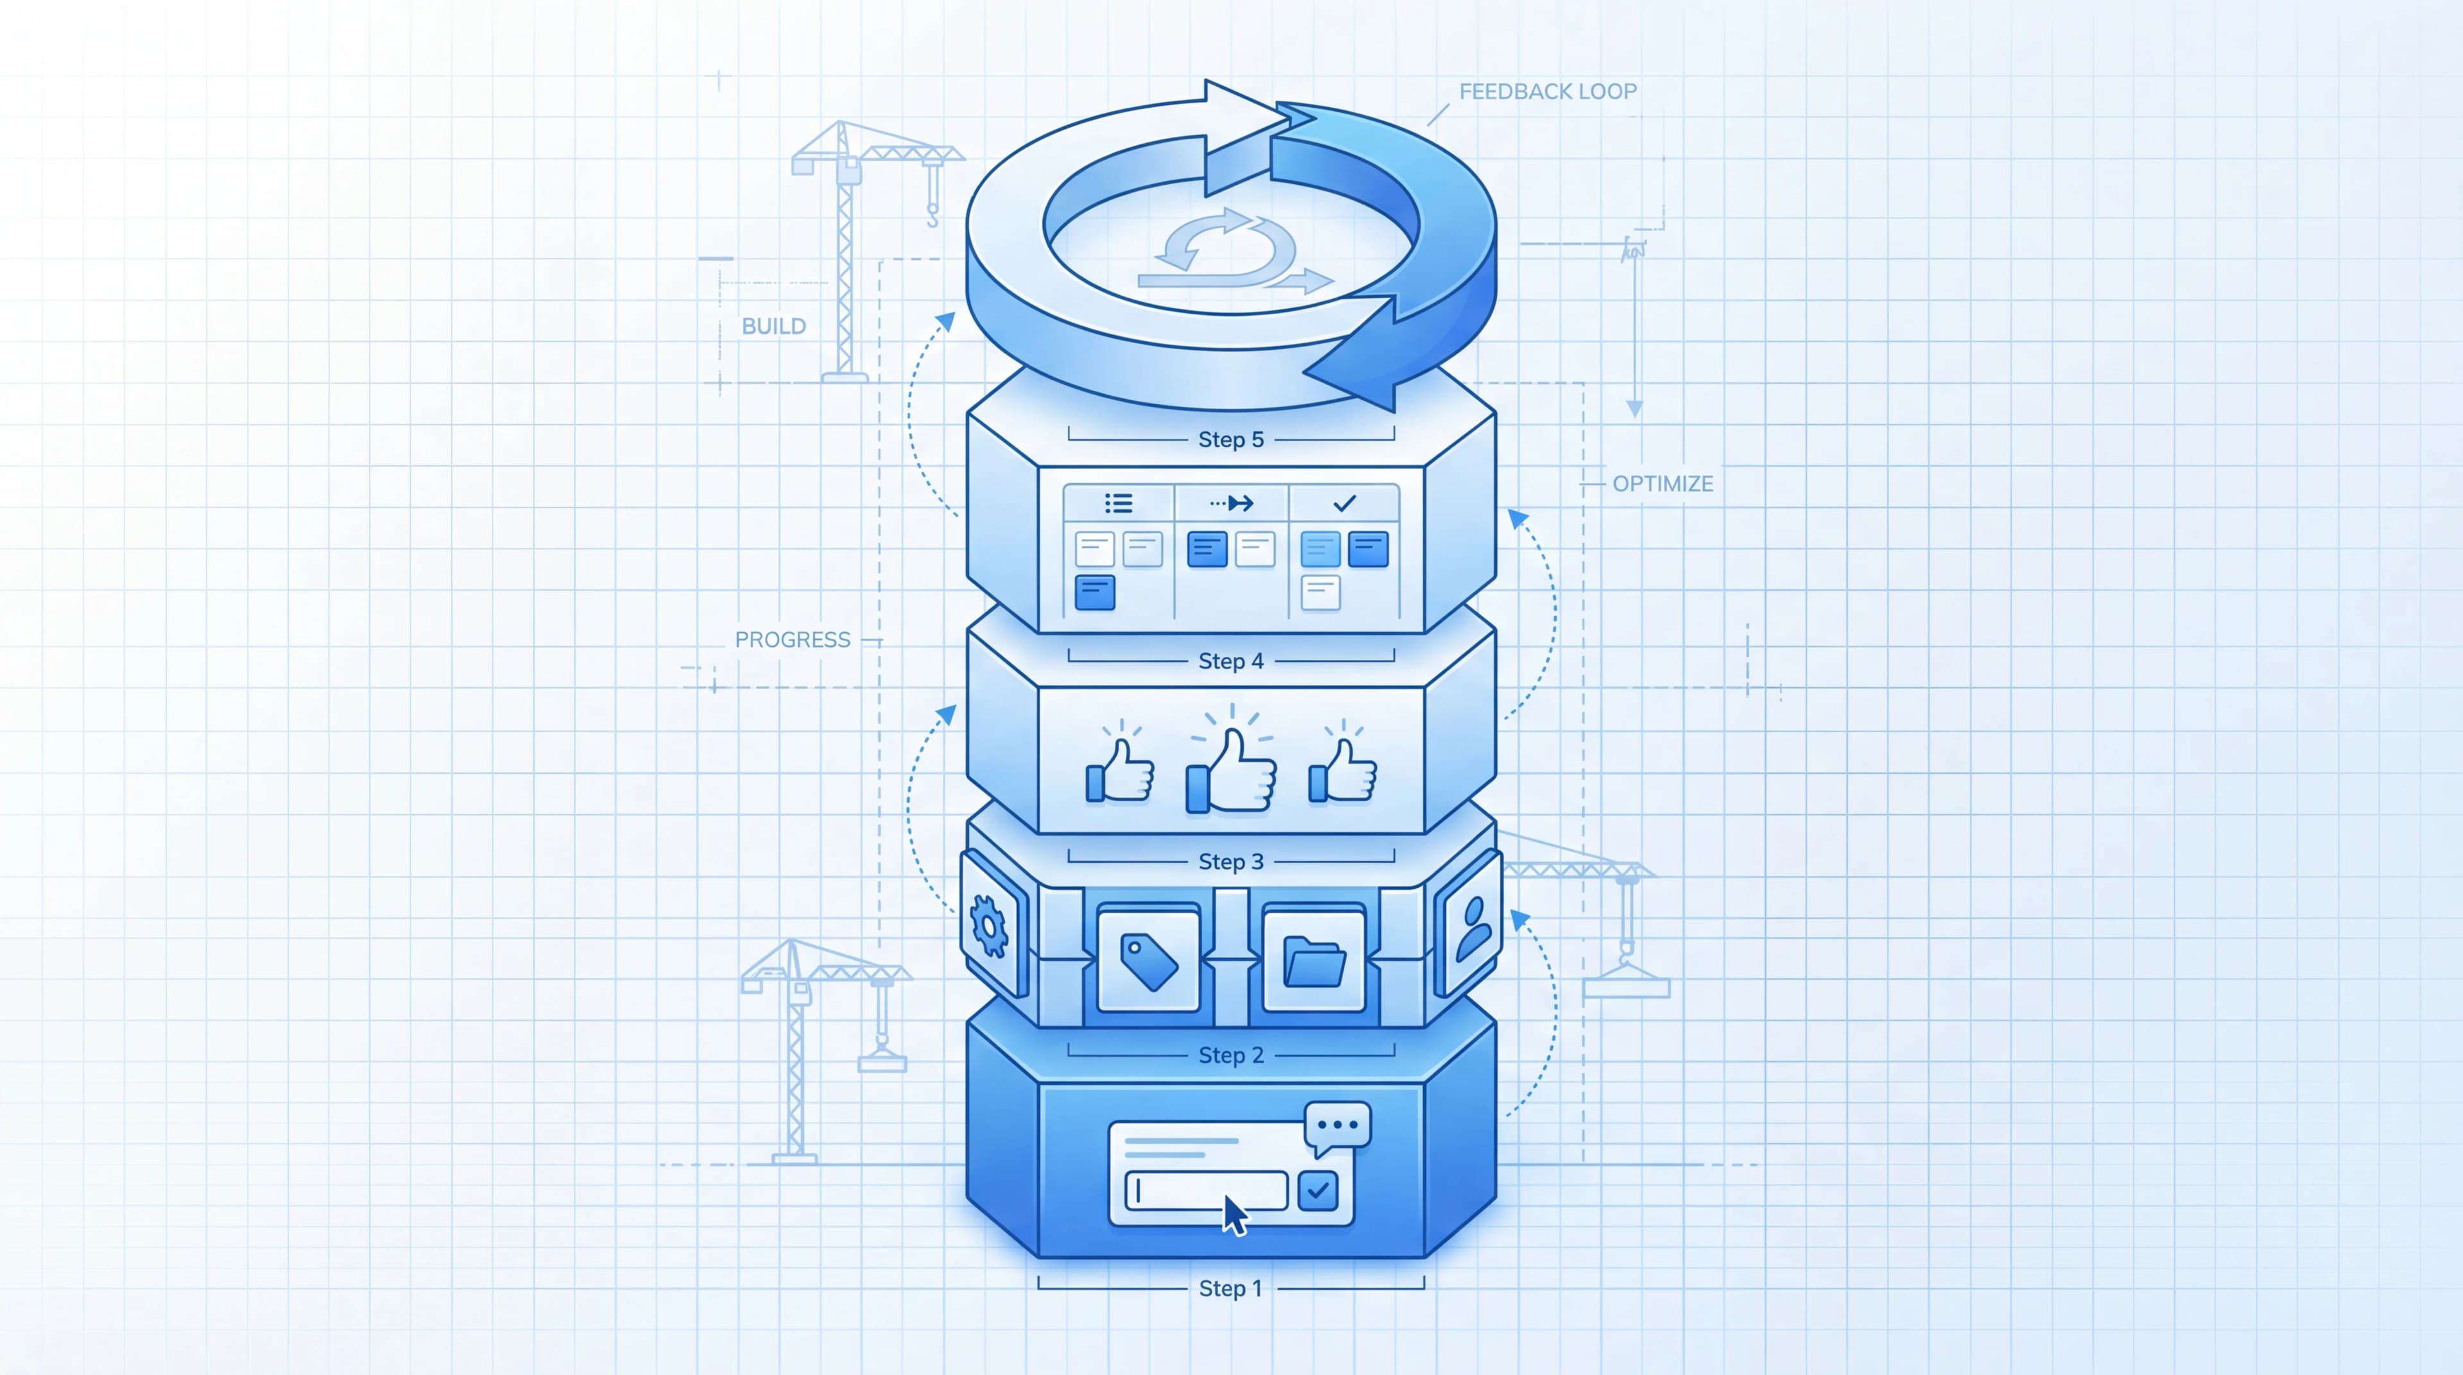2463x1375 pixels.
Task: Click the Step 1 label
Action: pyautogui.click(x=1231, y=1288)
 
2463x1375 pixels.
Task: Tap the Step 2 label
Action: pyautogui.click(x=1231, y=1055)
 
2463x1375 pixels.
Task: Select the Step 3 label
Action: pyautogui.click(x=1231, y=862)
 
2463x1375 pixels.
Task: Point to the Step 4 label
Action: pyautogui.click(x=1231, y=661)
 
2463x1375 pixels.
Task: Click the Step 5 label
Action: pyautogui.click(x=1231, y=439)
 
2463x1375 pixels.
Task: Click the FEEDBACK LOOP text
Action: pyautogui.click(x=1548, y=91)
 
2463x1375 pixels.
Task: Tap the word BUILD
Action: pyautogui.click(x=774, y=326)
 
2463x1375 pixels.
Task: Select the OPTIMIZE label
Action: pyautogui.click(x=1663, y=484)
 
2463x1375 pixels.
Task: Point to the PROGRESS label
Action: pyautogui.click(x=793, y=640)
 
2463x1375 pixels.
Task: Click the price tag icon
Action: pyautogui.click(x=1148, y=960)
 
